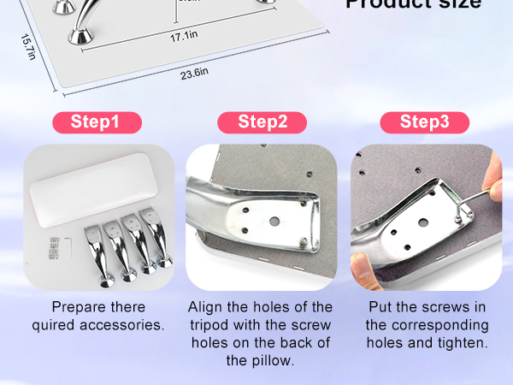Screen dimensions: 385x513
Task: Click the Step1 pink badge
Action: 95,121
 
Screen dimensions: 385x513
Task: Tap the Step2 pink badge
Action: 262,121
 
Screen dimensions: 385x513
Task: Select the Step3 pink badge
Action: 425,121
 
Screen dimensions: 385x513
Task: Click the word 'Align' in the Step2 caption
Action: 206,306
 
